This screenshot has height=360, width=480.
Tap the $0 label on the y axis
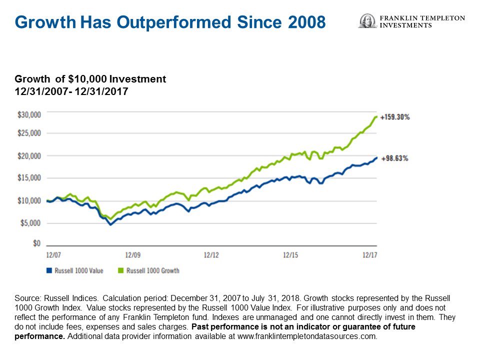[36, 243]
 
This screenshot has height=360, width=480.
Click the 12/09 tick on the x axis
[132, 255]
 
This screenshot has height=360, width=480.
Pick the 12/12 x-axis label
[211, 255]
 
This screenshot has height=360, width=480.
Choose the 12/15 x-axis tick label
[290, 255]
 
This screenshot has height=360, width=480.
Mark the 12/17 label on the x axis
[369, 255]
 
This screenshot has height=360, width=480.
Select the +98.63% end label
[394, 158]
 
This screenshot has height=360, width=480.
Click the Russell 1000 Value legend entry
[74, 270]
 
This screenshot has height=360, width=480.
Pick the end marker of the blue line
[376, 158]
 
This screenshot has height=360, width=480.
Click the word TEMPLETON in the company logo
[442, 18]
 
